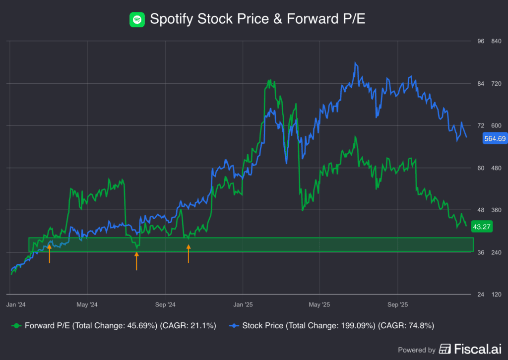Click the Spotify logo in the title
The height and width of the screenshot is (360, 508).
(x=137, y=19)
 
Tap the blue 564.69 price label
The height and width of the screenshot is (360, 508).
(x=495, y=139)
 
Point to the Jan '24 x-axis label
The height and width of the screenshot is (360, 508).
(x=17, y=304)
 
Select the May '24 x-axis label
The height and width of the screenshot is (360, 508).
(x=87, y=304)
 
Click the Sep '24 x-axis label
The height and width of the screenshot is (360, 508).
(x=165, y=304)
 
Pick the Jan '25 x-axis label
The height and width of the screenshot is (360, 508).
(x=243, y=304)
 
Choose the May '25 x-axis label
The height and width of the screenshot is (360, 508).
(x=319, y=304)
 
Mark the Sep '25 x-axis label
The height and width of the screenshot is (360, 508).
(x=397, y=304)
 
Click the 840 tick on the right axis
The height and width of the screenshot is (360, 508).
(x=496, y=41)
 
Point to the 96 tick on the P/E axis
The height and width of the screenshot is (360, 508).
(x=481, y=41)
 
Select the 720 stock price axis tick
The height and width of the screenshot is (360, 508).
(x=496, y=83)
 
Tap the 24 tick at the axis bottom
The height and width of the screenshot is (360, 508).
(x=481, y=295)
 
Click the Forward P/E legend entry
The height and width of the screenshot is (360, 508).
(x=114, y=326)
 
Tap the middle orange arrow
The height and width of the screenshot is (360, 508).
(x=136, y=260)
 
